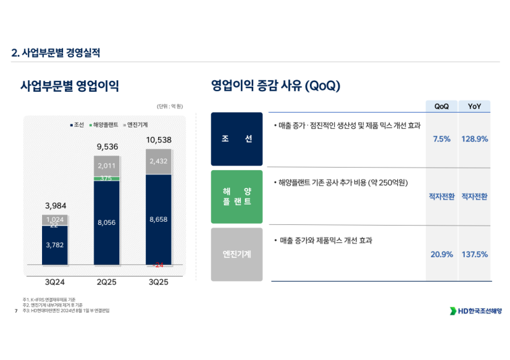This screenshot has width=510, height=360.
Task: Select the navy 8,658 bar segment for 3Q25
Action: click(x=158, y=219)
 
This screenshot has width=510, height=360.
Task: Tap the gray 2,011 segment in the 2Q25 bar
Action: click(x=106, y=166)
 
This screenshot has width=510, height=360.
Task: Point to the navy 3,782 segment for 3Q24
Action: click(x=55, y=245)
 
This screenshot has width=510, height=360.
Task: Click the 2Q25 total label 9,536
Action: click(x=106, y=147)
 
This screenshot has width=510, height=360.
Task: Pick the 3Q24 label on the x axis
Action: click(x=55, y=282)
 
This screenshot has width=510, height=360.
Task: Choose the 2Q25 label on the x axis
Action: click(x=106, y=282)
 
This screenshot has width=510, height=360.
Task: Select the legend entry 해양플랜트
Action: click(x=106, y=124)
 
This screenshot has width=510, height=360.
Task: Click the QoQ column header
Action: click(x=441, y=106)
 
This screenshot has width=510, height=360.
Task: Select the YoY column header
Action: click(x=474, y=106)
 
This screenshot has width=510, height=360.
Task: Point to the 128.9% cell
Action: click(x=474, y=139)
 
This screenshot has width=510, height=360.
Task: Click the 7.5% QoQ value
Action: click(x=441, y=139)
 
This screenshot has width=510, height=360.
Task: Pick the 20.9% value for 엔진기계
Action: click(x=441, y=254)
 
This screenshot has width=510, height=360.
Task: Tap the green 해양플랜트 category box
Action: click(x=237, y=196)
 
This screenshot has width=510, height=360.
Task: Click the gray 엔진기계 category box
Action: click(x=237, y=254)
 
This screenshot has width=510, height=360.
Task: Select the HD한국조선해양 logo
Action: click(x=476, y=311)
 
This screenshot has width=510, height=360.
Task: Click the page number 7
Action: click(x=15, y=311)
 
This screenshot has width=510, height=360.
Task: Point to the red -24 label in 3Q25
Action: click(x=158, y=264)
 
